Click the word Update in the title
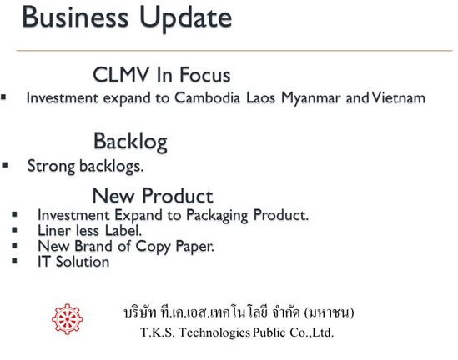coord(186,18)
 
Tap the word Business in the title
coord(75,17)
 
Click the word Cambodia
coord(207,97)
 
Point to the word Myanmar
coord(311,98)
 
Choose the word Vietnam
coord(399,97)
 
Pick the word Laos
coord(260,98)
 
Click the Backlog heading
coord(130,142)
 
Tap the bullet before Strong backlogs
coord(5,165)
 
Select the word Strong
coord(51,167)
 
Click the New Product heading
coord(153,196)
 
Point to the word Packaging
coord(217,216)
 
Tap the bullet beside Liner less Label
coord(15,230)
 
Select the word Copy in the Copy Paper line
coord(153,247)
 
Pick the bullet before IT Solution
coord(15,261)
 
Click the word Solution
coord(83,262)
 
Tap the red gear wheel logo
coord(68,319)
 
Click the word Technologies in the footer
coord(214,332)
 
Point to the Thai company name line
coord(239,312)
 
